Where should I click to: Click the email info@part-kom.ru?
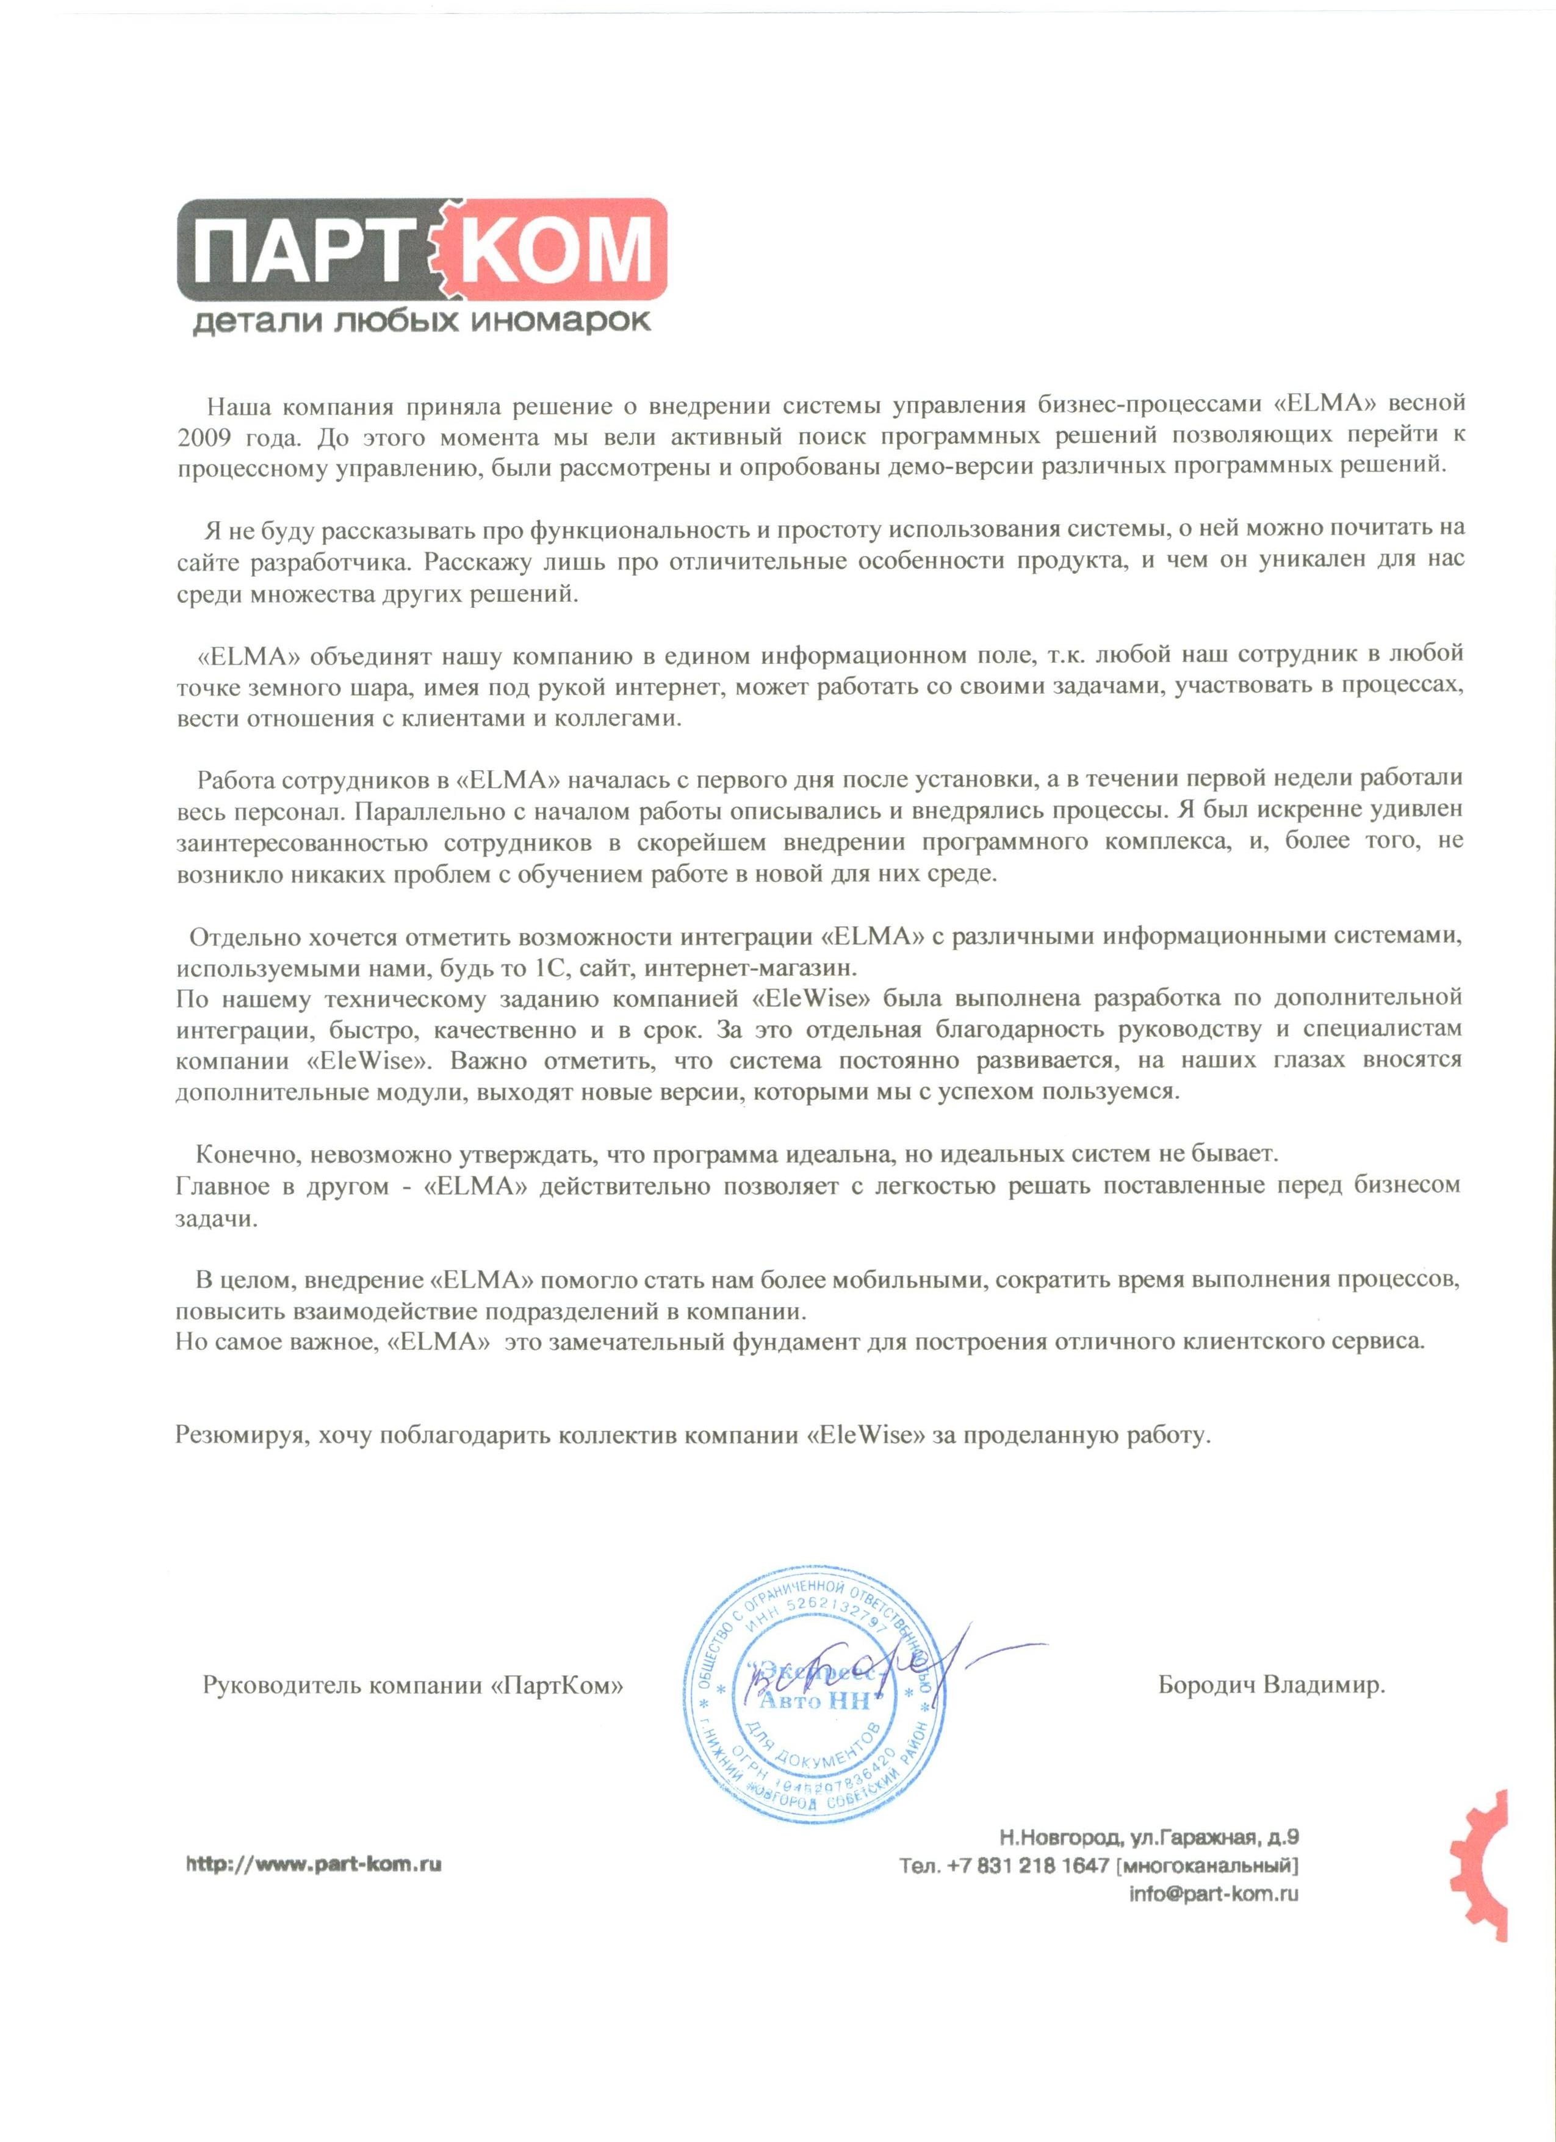coord(1214,1892)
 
